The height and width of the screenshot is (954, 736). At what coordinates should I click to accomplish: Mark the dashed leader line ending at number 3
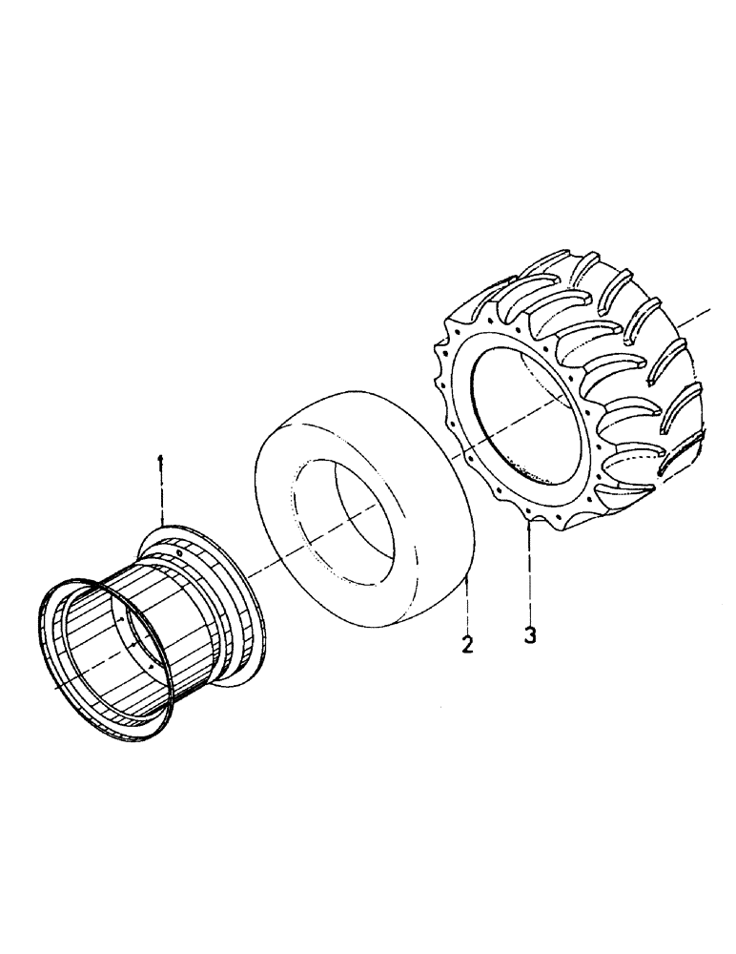pos(529,572)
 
